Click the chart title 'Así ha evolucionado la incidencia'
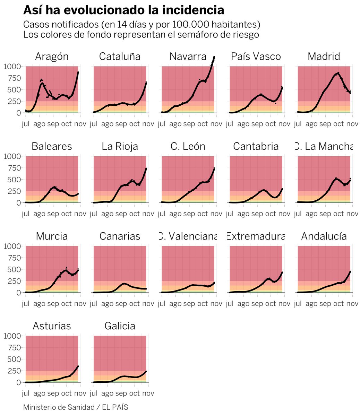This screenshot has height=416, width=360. tap(123, 10)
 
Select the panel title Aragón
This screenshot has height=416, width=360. tap(52, 57)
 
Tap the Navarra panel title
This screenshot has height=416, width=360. tap(188, 57)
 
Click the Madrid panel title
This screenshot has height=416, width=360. tap(324, 57)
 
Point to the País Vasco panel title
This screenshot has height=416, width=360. tap(256, 57)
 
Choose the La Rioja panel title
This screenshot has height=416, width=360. tap(120, 146)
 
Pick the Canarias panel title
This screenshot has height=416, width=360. tap(120, 236)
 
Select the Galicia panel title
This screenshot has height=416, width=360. tap(120, 326)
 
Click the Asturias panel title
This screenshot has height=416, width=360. tap(52, 326)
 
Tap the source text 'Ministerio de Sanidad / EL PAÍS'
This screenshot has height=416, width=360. tap(76, 407)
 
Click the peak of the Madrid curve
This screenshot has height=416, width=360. tap(338, 73)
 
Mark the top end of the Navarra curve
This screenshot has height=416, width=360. tap(214, 57)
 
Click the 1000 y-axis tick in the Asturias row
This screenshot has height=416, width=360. tap(12, 336)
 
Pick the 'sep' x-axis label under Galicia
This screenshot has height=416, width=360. tap(121, 393)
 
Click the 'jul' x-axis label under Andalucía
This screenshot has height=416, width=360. tap(298, 304)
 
